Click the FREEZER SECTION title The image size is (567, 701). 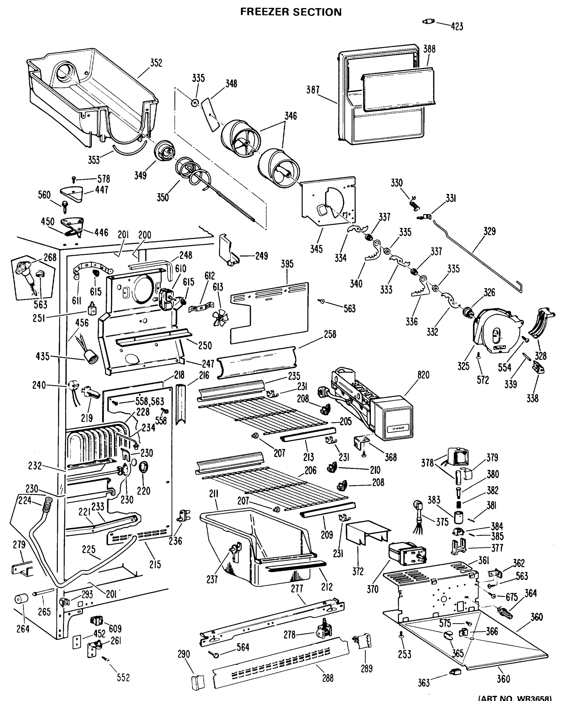pyautogui.click(x=291, y=12)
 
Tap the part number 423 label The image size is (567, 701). pyautogui.click(x=457, y=27)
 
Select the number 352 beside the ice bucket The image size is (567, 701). pyautogui.click(x=156, y=63)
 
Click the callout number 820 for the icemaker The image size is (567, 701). pyautogui.click(x=423, y=375)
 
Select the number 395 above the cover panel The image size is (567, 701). pyautogui.click(x=287, y=264)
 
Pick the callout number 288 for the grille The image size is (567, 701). pyautogui.click(x=328, y=678)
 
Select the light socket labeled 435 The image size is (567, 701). pyautogui.click(x=92, y=360)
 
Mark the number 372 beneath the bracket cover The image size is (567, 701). pyautogui.click(x=358, y=571)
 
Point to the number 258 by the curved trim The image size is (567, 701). pyautogui.click(x=330, y=334)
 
